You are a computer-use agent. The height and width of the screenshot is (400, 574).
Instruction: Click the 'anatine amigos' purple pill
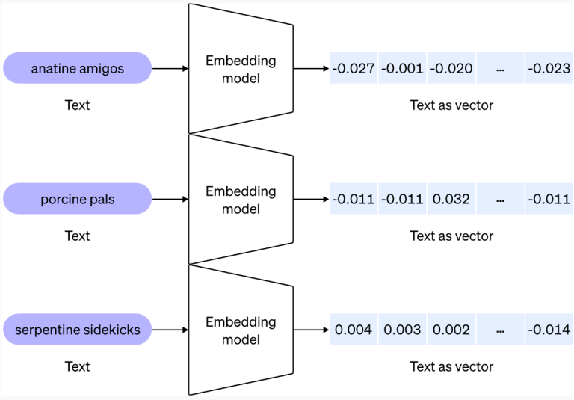78,69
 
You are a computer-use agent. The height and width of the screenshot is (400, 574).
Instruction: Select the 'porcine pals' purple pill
78,200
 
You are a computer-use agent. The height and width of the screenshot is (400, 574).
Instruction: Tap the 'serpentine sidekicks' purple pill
78,330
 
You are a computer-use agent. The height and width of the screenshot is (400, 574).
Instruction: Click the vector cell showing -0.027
354,69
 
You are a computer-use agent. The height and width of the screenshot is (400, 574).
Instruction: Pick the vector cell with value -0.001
402,69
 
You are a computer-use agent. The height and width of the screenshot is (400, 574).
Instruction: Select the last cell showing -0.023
549,69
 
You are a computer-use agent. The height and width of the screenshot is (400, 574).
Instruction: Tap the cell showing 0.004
354,330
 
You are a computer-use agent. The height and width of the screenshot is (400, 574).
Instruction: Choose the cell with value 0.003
402,330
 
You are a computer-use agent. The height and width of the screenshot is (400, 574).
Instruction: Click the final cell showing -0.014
549,330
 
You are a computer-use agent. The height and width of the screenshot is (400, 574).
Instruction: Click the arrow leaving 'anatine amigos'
170,69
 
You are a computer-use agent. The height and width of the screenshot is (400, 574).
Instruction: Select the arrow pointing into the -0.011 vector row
311,200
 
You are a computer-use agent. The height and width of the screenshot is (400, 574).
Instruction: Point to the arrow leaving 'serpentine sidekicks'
170,330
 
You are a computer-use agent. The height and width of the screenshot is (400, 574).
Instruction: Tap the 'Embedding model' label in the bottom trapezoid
241,330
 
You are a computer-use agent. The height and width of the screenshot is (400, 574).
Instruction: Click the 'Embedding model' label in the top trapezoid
241,69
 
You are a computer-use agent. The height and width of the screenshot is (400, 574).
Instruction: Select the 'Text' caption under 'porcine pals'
78,236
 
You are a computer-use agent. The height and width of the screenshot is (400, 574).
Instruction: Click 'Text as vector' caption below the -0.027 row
451,105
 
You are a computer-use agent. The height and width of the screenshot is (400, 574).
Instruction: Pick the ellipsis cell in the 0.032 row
500,200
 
